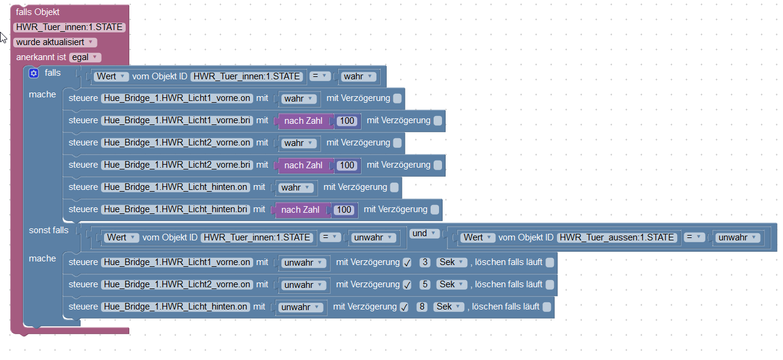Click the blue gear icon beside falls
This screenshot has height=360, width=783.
point(34,73)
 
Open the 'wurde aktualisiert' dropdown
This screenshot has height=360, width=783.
point(55,43)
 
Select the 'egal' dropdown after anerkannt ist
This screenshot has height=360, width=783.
point(85,58)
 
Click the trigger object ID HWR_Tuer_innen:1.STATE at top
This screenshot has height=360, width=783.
point(69,28)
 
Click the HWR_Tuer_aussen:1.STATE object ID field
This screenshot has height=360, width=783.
point(618,237)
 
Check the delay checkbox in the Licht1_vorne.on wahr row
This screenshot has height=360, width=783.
point(397,99)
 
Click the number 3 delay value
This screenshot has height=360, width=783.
point(425,263)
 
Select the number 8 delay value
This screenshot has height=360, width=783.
point(422,307)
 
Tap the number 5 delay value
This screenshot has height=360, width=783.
point(425,285)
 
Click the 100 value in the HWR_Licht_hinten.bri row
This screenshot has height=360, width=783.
point(344,210)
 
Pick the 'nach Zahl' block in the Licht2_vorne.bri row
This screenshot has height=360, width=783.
point(303,165)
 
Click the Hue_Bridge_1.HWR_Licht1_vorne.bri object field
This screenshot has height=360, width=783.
point(177,121)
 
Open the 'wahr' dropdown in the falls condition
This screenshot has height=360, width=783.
point(359,76)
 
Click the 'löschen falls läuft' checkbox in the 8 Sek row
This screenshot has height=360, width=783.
point(546,307)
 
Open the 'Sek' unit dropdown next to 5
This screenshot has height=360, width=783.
point(452,285)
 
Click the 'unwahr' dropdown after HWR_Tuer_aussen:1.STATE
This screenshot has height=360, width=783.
point(737,237)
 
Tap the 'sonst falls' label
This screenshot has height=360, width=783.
point(49,230)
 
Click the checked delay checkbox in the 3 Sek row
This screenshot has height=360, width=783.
point(407,263)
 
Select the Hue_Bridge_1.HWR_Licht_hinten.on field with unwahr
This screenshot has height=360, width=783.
point(176,307)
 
